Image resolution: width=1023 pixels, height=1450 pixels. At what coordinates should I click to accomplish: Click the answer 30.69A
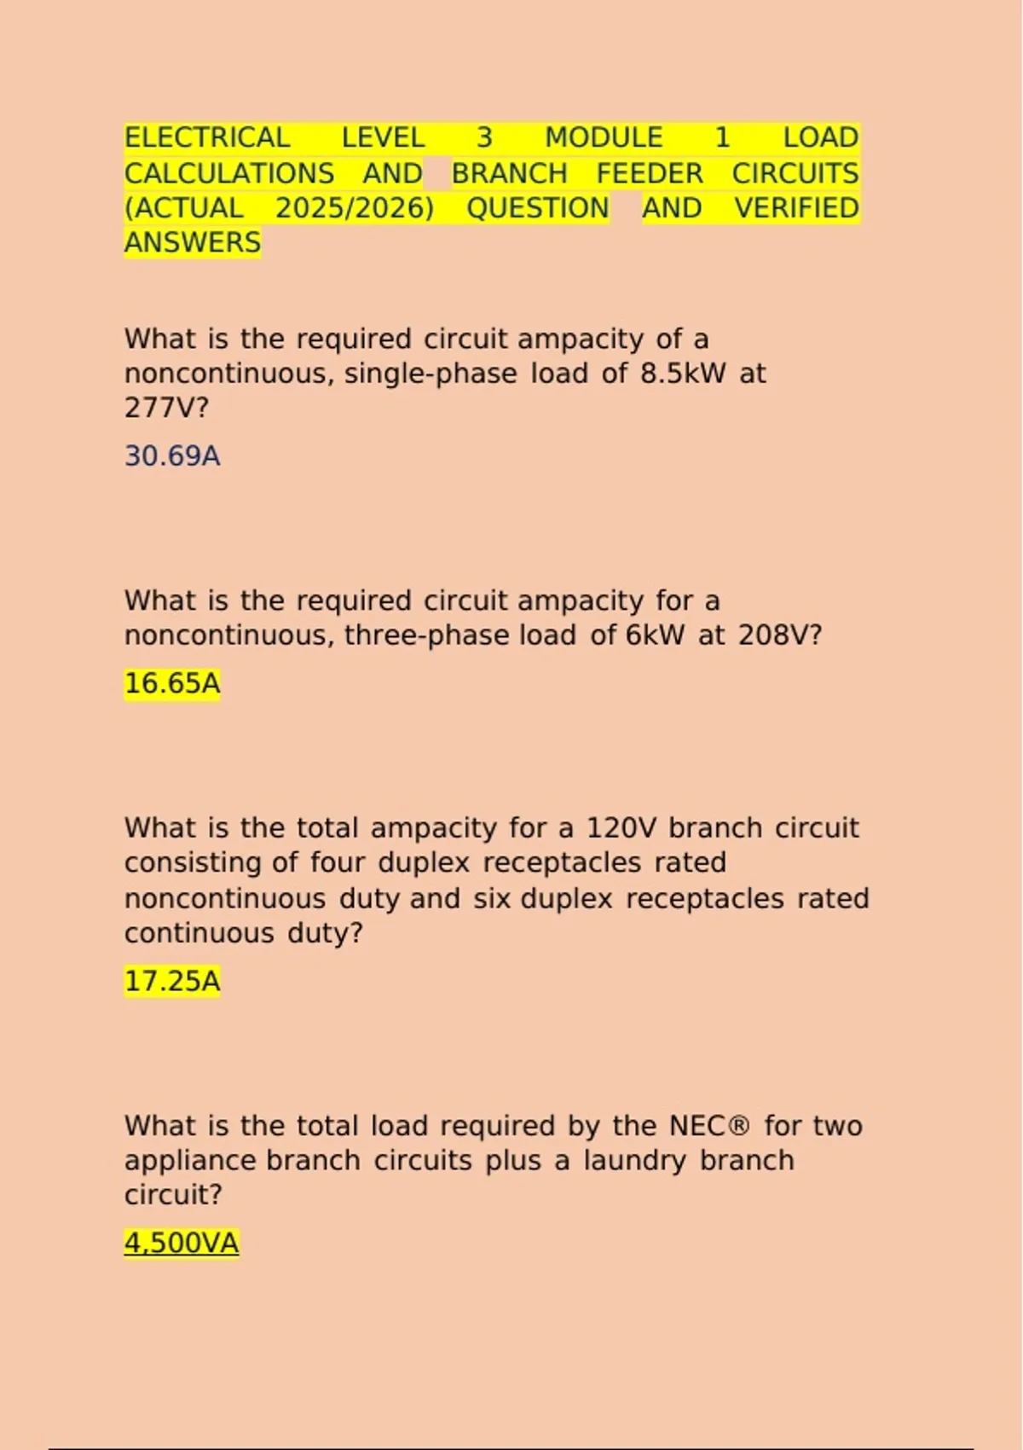[172, 455]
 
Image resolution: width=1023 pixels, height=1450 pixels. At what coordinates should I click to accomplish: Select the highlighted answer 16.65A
[172, 683]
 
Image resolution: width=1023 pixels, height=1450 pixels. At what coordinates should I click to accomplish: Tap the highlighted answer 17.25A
[172, 981]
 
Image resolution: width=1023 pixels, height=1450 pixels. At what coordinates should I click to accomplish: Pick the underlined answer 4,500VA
[181, 1243]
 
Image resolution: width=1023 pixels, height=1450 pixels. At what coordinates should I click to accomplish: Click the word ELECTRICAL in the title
[207, 138]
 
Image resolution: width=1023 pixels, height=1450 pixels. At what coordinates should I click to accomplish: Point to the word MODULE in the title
[604, 138]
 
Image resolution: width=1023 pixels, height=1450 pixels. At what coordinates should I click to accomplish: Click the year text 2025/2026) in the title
[355, 208]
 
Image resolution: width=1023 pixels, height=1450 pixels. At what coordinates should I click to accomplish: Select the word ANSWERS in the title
[193, 243]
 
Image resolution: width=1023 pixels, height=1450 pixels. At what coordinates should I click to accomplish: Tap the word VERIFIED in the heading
[796, 208]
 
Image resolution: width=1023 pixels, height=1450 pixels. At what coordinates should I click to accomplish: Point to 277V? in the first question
[166, 409]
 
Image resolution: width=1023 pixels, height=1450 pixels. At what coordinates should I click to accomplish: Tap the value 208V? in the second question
[780, 635]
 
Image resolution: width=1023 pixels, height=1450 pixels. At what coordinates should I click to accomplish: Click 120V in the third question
[621, 828]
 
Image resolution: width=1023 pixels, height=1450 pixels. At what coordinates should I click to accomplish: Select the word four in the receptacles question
[338, 863]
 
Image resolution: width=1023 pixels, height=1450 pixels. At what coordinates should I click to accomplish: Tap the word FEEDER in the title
[650, 173]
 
